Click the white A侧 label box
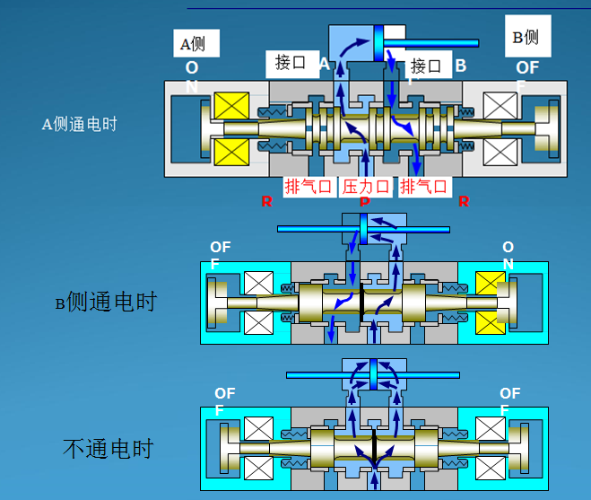[196, 43]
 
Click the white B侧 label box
[526, 37]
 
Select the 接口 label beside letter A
[291, 63]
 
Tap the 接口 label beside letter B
[426, 66]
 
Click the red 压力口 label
[366, 187]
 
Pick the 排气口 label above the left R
[309, 187]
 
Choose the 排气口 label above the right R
[424, 187]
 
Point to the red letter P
[364, 203]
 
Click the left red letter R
[266, 202]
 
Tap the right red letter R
[464, 202]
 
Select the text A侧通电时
[79, 125]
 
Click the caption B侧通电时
[105, 303]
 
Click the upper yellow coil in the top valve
[231, 109]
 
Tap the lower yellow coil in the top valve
[231, 152]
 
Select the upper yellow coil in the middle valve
[490, 285]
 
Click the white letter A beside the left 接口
[324, 65]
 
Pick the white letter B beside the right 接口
[460, 66]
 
